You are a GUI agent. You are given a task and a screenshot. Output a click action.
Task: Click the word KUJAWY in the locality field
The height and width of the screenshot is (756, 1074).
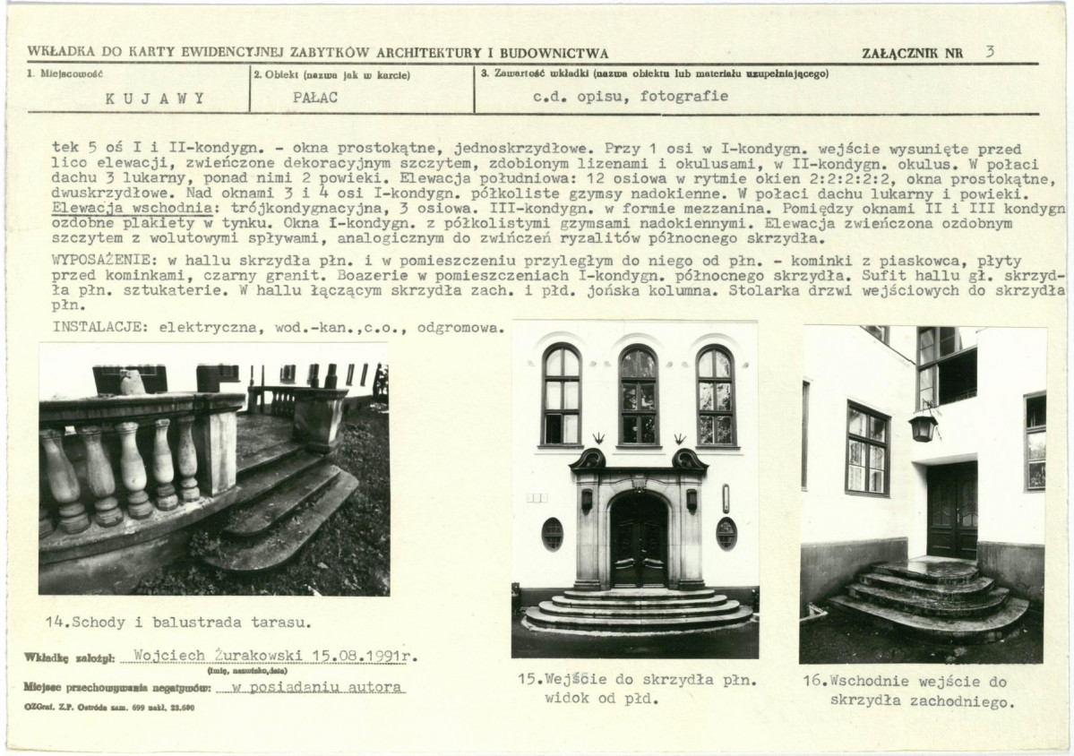point(156,98)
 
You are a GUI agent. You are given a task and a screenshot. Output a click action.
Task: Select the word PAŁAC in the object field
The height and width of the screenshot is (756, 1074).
point(315,98)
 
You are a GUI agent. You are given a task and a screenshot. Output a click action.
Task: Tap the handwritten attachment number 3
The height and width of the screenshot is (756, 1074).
point(990,51)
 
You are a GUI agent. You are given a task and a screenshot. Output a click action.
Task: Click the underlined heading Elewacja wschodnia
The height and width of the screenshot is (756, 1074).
point(132,208)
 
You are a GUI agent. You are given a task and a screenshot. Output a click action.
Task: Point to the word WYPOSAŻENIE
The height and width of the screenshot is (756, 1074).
point(105,261)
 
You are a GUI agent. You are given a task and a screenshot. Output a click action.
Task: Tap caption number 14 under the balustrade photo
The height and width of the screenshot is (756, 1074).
point(56,623)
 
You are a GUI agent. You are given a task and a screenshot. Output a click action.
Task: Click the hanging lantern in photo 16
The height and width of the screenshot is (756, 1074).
point(923,426)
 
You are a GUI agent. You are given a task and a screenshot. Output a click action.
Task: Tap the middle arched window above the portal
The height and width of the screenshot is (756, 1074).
point(639,396)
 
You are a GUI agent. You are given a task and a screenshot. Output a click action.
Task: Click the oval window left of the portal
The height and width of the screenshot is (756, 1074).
point(552,534)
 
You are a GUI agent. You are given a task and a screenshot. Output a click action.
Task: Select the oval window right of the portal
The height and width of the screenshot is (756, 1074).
point(726,534)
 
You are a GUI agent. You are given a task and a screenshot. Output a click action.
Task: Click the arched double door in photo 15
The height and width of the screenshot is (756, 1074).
point(639,540)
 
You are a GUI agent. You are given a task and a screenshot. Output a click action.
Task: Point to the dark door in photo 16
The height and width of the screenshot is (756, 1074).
point(952,511)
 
